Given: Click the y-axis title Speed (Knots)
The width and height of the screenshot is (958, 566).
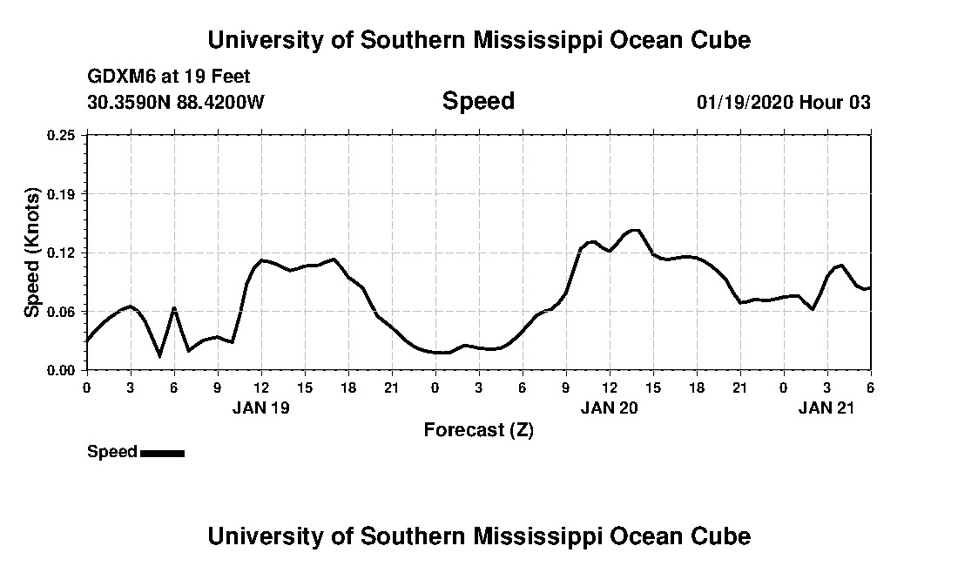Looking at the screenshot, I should click(31, 252).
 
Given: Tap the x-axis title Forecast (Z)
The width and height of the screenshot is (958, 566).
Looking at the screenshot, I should click(478, 429).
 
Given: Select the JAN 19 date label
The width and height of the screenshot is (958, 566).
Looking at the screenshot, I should click(261, 408).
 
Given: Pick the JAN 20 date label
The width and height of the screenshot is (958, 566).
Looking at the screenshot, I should click(610, 408).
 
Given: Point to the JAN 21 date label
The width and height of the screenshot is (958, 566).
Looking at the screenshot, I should click(827, 408).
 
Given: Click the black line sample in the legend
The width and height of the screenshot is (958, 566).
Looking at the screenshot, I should click(162, 453).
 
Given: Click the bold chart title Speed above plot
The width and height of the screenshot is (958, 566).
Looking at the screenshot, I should click(478, 101).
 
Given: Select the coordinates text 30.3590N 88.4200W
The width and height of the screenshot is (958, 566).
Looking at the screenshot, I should click(176, 102).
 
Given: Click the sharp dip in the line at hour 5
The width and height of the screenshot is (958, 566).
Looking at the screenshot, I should click(159, 355).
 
